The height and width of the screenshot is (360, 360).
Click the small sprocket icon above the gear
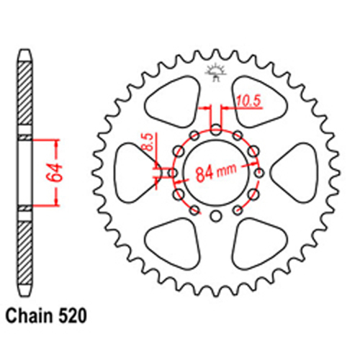click(215, 71)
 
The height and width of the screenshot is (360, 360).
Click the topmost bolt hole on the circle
click(216, 130)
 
